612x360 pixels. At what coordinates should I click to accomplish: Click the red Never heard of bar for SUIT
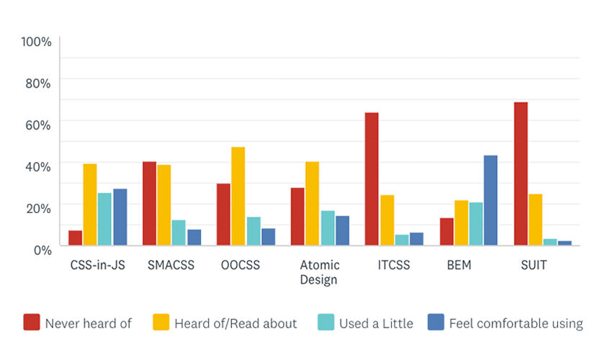(x=521, y=174)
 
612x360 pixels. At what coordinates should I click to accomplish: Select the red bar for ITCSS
(x=372, y=179)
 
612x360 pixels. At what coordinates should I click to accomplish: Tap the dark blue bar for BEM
(x=490, y=201)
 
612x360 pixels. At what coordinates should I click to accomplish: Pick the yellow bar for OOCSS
(x=238, y=197)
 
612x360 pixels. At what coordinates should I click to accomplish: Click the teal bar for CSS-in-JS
(x=104, y=220)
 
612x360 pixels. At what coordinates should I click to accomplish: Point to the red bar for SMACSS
(x=149, y=204)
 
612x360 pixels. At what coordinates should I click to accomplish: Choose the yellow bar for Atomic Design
(x=312, y=204)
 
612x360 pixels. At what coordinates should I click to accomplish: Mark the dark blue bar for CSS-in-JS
(x=120, y=217)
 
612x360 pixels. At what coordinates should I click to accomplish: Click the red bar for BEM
(x=446, y=232)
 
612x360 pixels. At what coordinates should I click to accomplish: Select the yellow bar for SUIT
(x=535, y=220)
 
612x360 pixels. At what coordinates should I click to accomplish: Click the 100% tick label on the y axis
(x=37, y=42)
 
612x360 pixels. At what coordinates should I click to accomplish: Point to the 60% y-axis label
(x=39, y=125)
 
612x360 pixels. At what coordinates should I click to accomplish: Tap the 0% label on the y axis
(x=42, y=249)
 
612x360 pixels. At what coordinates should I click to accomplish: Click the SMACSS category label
(x=171, y=265)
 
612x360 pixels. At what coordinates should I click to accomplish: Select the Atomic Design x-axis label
(x=318, y=272)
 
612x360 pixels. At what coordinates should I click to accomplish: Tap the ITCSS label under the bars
(x=394, y=265)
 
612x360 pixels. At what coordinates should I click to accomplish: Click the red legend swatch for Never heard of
(x=31, y=322)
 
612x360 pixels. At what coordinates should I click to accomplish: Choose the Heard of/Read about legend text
(x=235, y=323)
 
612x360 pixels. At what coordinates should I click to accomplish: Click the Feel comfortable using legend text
(x=516, y=323)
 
